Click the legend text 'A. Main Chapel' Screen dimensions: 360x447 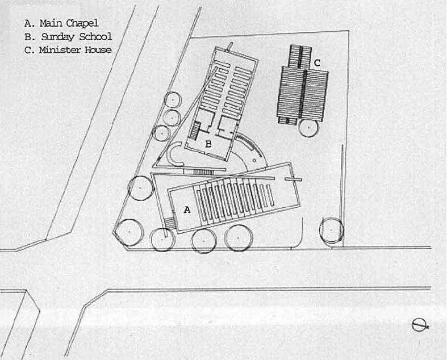(x=61, y=24)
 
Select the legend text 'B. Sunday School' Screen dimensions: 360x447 (x=68, y=37)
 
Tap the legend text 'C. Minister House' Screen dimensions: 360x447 (x=68, y=50)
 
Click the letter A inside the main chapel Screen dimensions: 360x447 (x=186, y=210)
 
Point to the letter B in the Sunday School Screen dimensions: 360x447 (x=208, y=144)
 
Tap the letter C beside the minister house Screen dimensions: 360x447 (x=318, y=63)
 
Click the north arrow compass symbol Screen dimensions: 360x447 (x=420, y=324)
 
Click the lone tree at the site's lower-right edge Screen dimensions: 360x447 (x=331, y=229)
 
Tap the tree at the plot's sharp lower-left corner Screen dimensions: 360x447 (x=128, y=232)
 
